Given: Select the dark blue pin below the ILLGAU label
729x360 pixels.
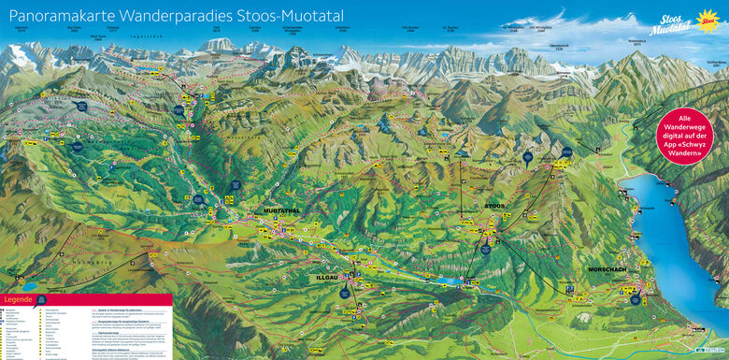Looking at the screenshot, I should pos(344,293).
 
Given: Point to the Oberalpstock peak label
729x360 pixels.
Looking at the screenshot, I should pos(559,44).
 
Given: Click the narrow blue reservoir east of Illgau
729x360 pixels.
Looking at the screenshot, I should pos(450,280).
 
